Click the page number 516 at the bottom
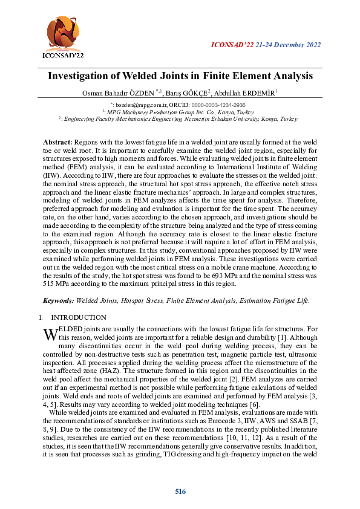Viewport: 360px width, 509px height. [180, 491]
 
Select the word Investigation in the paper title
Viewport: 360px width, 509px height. [80, 77]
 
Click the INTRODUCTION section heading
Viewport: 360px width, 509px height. [79, 317]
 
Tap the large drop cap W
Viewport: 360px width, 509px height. [51, 333]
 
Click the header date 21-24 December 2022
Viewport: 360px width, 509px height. [288, 45]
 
